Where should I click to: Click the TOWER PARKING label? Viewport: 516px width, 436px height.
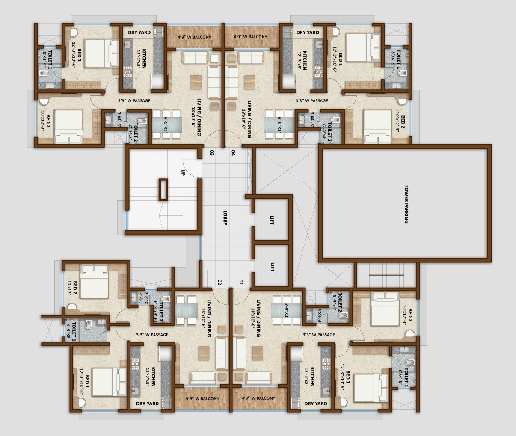(x=406, y=204)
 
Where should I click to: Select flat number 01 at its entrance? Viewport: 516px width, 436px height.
(x=241, y=282)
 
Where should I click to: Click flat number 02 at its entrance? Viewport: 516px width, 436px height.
(x=219, y=282)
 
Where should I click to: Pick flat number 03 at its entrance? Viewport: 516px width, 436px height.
(x=211, y=153)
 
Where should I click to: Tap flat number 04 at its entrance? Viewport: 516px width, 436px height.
(x=234, y=153)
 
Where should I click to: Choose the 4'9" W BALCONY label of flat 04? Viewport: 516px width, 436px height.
(x=250, y=37)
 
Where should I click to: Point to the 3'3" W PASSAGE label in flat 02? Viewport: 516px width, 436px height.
(x=152, y=335)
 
